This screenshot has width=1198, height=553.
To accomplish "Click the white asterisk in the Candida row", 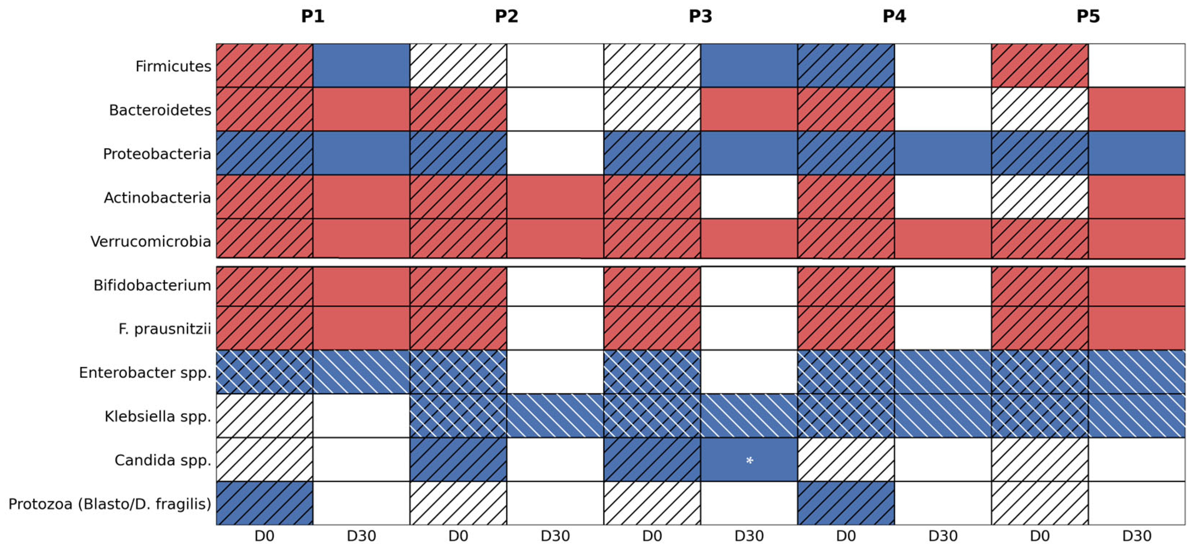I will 749,460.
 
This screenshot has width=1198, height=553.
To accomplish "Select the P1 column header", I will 312,17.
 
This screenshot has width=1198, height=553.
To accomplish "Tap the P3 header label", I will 701,17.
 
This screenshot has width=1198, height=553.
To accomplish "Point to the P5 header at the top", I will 1088,17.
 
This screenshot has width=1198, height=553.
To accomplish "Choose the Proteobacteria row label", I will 157,154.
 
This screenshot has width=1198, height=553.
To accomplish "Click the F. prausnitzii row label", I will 165,329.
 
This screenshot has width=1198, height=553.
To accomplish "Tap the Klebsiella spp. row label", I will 157,416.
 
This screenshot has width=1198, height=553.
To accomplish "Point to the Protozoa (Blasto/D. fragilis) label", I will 110,504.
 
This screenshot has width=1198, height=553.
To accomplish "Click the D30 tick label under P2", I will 555,536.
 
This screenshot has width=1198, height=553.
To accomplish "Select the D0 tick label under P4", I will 846,536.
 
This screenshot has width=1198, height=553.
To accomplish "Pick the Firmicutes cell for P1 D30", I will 361,66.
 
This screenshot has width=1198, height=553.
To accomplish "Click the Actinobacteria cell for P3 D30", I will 749,197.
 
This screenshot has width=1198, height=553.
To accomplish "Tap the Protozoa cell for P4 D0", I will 846,503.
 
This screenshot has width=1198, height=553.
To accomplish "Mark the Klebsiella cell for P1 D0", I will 264,416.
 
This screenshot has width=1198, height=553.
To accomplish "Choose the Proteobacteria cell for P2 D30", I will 555,153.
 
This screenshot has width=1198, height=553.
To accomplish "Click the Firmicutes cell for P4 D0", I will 846,66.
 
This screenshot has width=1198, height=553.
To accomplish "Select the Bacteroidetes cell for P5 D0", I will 1040,109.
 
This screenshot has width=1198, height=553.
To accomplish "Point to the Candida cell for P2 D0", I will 458,460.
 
